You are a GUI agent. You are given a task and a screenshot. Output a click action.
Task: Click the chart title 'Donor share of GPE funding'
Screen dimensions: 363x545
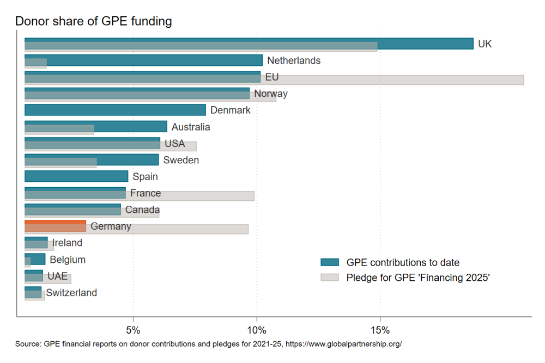point(93,21)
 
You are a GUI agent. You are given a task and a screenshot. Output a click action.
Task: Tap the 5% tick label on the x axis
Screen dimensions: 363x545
point(133,330)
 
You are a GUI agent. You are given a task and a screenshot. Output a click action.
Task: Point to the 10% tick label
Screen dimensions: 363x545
point(256,330)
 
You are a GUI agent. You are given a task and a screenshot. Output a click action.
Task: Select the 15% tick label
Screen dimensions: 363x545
point(379,330)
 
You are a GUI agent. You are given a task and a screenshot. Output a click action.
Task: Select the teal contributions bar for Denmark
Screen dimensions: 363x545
point(115,110)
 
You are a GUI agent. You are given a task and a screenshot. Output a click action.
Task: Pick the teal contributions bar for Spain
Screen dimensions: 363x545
point(76,176)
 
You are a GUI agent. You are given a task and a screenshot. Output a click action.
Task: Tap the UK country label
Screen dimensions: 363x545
point(485,44)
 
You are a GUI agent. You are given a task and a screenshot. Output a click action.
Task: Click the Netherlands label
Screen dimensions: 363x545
point(293,60)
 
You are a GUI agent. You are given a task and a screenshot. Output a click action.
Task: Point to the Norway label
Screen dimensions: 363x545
point(271,94)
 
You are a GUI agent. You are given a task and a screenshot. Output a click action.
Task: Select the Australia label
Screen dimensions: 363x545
point(190,127)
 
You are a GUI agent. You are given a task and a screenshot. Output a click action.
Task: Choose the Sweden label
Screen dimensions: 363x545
point(181,160)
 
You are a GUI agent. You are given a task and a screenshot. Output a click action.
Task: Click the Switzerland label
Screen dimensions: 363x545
point(71,293)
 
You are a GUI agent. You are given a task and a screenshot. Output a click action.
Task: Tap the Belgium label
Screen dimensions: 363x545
point(67,260)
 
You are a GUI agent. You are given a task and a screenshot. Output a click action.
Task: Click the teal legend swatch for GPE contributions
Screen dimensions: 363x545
point(330,263)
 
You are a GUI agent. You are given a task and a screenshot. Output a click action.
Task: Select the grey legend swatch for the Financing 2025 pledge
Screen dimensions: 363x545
point(330,278)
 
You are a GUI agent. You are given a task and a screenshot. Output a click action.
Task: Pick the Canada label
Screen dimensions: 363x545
point(142,210)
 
